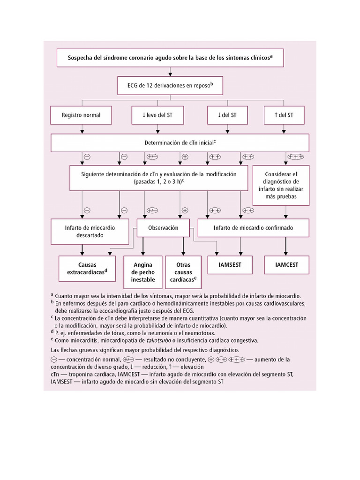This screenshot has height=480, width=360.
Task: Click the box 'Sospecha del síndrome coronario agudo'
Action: [x=170, y=58]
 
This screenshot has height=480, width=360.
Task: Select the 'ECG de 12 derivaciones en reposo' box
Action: [x=170, y=86]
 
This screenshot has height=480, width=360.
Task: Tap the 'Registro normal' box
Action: [x=81, y=115]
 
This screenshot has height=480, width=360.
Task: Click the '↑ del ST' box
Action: [x=285, y=115]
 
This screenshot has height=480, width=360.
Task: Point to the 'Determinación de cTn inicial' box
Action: [x=180, y=142]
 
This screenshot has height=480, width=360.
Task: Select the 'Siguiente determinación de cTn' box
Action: [x=158, y=177]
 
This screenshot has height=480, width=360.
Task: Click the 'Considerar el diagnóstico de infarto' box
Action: [x=281, y=185]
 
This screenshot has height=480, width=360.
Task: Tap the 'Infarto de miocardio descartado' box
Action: [x=90, y=231]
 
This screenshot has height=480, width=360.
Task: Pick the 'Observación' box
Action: [x=163, y=228]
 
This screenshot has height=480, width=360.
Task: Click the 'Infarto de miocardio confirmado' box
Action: [x=253, y=228]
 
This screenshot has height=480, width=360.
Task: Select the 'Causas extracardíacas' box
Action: [x=87, y=268]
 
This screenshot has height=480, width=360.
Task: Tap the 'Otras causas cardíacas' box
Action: [x=182, y=272]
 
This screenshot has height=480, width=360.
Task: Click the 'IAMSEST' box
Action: [x=229, y=265]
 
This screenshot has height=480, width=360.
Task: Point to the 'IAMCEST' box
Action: [x=286, y=265]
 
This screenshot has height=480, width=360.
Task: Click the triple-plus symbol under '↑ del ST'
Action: [x=296, y=157]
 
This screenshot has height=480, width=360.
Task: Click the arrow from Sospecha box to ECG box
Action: [x=170, y=72]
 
